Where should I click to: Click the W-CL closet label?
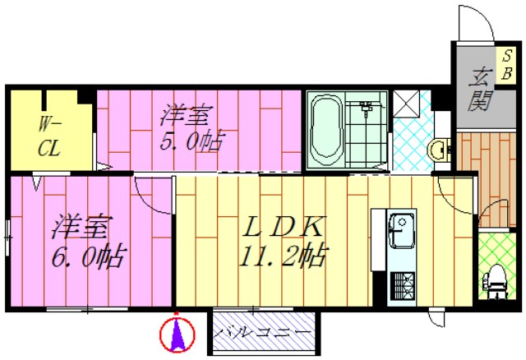pyautogui.click(x=49, y=136)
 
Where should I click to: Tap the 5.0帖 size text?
pyautogui.click(x=191, y=141)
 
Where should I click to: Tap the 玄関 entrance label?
pyautogui.click(x=480, y=90)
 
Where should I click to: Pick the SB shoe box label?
pyautogui.click(x=507, y=64)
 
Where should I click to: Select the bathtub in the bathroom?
pyautogui.click(x=326, y=129)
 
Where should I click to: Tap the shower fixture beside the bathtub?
pyautogui.click(x=367, y=107)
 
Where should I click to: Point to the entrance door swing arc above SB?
pyautogui.click(x=475, y=25)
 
